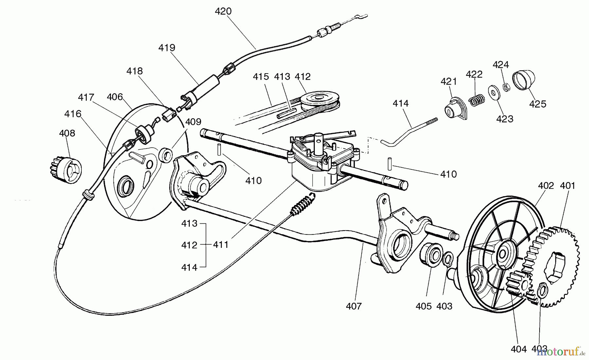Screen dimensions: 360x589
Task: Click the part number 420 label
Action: pyautogui.click(x=223, y=11)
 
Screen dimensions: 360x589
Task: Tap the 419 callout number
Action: pyautogui.click(x=167, y=48)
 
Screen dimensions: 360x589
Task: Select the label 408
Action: pyautogui.click(x=67, y=133)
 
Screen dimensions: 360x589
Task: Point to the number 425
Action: pyautogui.click(x=538, y=104)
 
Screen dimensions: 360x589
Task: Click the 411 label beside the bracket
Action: pyautogui.click(x=221, y=245)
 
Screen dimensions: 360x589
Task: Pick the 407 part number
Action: pyautogui.click(x=354, y=306)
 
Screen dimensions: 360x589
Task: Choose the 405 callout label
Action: pyautogui.click(x=424, y=306)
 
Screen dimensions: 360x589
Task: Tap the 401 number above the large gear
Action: pyautogui.click(x=567, y=186)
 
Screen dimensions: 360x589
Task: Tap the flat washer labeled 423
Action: pyautogui.click(x=493, y=94)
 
